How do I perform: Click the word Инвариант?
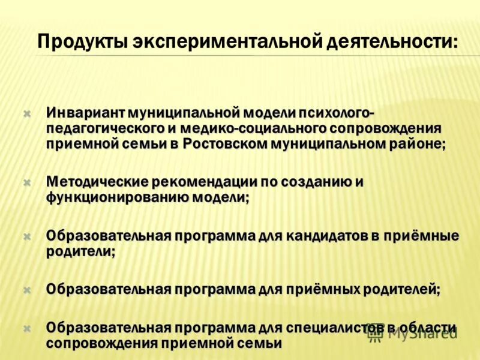point(90,112)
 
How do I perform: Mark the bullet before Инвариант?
point(26,113)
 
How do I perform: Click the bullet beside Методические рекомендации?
point(26,182)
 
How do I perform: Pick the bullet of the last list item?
point(26,328)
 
